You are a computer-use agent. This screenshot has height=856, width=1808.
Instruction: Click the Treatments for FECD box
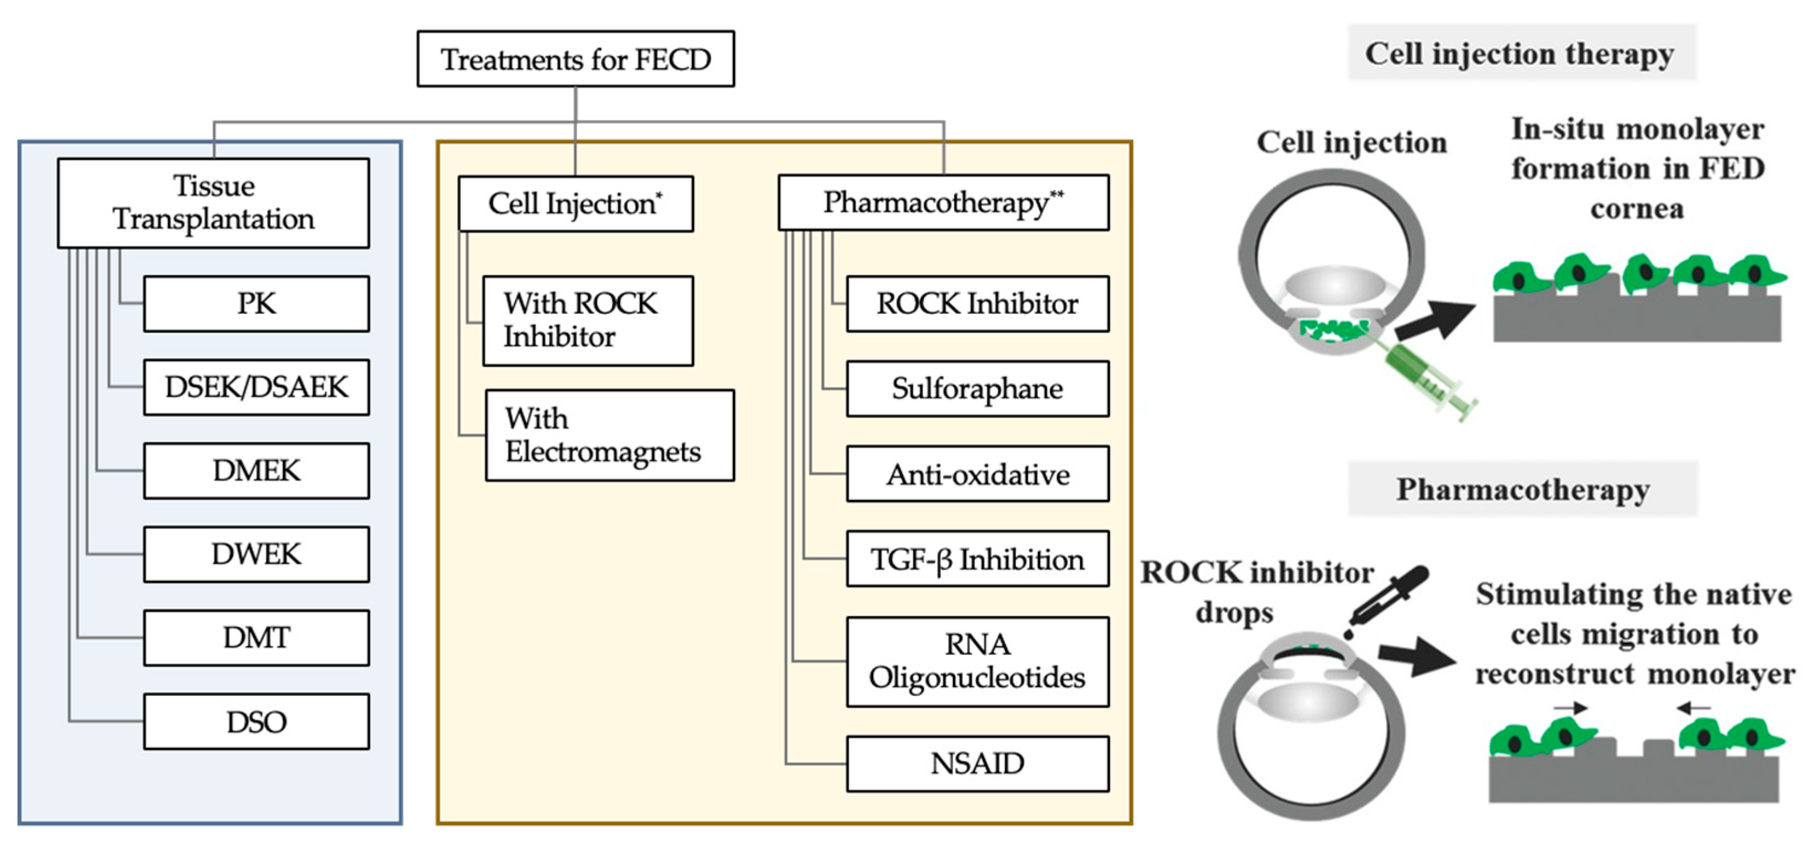point(575,59)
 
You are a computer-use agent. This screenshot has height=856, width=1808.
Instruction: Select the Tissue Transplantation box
point(213,203)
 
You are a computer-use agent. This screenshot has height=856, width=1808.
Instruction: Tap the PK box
point(256,304)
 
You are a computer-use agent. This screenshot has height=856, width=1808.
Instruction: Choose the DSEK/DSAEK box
point(256,387)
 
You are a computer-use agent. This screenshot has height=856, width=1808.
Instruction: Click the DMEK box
point(256,471)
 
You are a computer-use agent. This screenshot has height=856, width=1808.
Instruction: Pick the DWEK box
point(256,554)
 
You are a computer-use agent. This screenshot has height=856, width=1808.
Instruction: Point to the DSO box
point(256,722)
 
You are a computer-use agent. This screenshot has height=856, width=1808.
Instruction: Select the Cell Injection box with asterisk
point(575,204)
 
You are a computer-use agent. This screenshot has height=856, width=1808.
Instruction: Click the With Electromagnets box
point(609,435)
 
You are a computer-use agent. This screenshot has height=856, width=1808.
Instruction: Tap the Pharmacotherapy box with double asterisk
point(944,203)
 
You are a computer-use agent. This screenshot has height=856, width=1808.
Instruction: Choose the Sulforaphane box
point(977,388)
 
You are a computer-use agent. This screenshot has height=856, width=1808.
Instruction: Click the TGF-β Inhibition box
point(977,559)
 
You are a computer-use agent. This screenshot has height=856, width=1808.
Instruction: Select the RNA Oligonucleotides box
point(977,661)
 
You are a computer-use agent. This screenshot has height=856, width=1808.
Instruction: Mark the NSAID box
point(977,764)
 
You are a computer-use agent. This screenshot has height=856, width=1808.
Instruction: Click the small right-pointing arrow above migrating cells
point(1570,708)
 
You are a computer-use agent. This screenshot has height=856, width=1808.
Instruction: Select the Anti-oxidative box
point(977,474)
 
